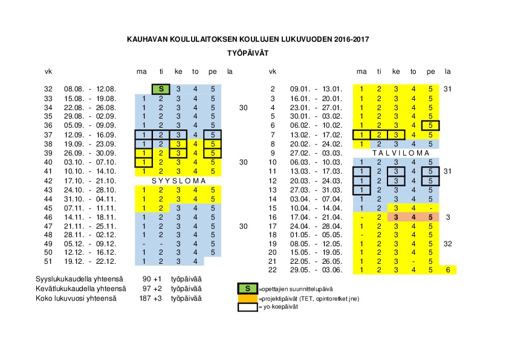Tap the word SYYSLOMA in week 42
click(x=179, y=180)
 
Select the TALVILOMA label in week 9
click(x=396, y=153)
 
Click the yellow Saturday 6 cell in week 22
click(x=447, y=270)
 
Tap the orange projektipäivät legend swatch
click(x=247, y=298)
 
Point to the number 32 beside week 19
click(x=447, y=244)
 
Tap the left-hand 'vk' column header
click(x=48, y=71)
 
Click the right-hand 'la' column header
click(x=447, y=71)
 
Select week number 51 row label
click(x=48, y=261)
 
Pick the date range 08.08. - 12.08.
click(x=90, y=89)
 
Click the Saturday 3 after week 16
click(x=447, y=217)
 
